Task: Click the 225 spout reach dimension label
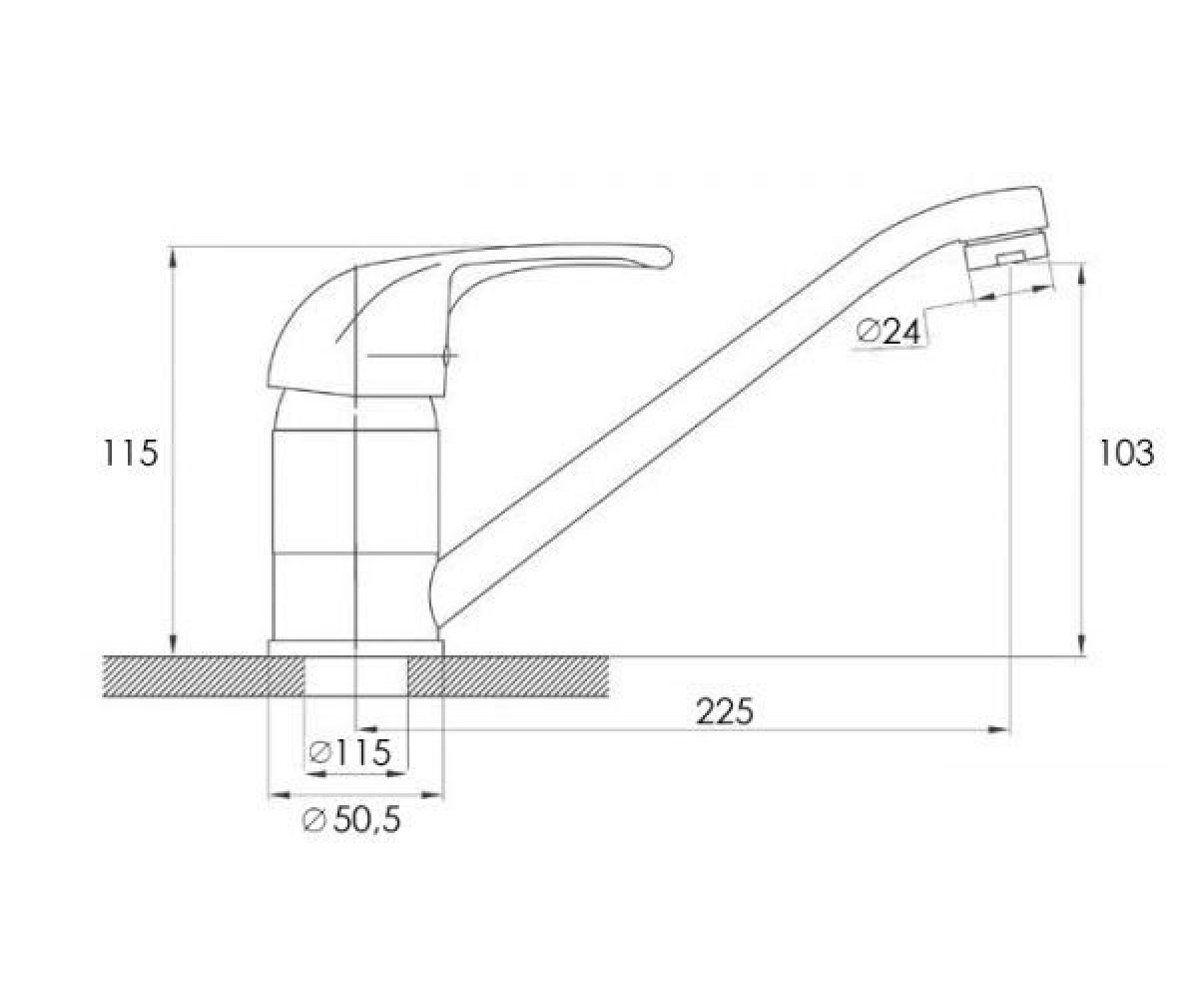tap(725, 712)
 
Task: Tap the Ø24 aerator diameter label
tap(889, 332)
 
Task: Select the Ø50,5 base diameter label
tap(351, 820)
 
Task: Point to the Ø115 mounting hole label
tap(349, 751)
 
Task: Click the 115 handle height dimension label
tap(130, 453)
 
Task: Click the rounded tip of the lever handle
tap(664, 257)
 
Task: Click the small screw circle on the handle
tap(447, 356)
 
